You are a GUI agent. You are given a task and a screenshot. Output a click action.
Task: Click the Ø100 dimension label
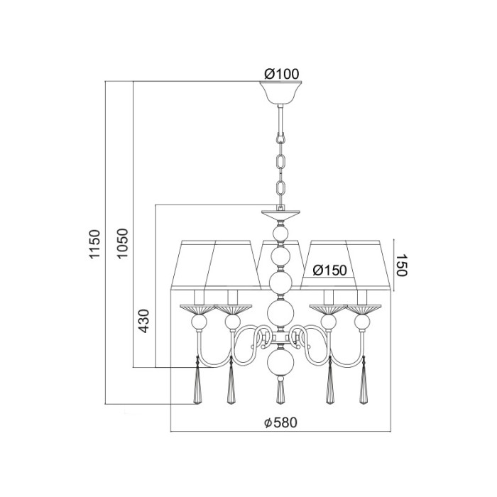281,74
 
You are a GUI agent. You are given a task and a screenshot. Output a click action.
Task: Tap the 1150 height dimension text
94,244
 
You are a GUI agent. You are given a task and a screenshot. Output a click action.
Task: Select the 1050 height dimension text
122,244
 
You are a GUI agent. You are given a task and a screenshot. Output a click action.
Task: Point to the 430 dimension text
144,320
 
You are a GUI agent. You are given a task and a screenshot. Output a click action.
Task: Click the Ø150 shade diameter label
329,271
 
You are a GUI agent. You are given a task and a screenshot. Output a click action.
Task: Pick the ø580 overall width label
281,422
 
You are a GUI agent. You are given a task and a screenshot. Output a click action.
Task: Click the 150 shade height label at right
402,265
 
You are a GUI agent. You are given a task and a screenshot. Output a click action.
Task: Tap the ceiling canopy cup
280,92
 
